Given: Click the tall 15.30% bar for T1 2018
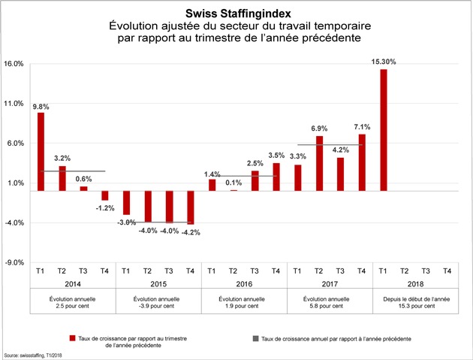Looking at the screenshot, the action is (384, 130).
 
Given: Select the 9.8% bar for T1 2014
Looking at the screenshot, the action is (41, 152).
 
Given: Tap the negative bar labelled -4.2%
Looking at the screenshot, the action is (191, 207).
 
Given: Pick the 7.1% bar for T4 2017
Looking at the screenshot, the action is (362, 163).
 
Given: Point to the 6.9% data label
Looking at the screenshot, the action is (319, 129).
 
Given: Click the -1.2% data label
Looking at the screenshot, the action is (105, 208).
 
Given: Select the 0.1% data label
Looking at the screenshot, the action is (233, 183).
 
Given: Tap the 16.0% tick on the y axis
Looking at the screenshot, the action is (14, 64).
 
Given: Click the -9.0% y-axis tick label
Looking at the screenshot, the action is (14, 263).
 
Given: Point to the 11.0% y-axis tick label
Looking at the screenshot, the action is (14, 104).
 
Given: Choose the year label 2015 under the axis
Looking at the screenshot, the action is (158, 284).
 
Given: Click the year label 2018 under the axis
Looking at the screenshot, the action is (415, 284).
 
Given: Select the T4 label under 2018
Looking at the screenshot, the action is (447, 271).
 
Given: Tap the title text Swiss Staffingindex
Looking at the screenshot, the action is (238, 14).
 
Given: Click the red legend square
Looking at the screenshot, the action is (72, 338).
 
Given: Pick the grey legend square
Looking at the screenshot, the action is (255, 338).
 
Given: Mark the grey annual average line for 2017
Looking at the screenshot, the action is (330, 145).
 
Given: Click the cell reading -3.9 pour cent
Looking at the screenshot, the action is (157, 306).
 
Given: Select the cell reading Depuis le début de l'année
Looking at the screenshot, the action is (417, 299).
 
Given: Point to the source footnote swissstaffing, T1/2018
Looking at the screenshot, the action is (33, 355).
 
